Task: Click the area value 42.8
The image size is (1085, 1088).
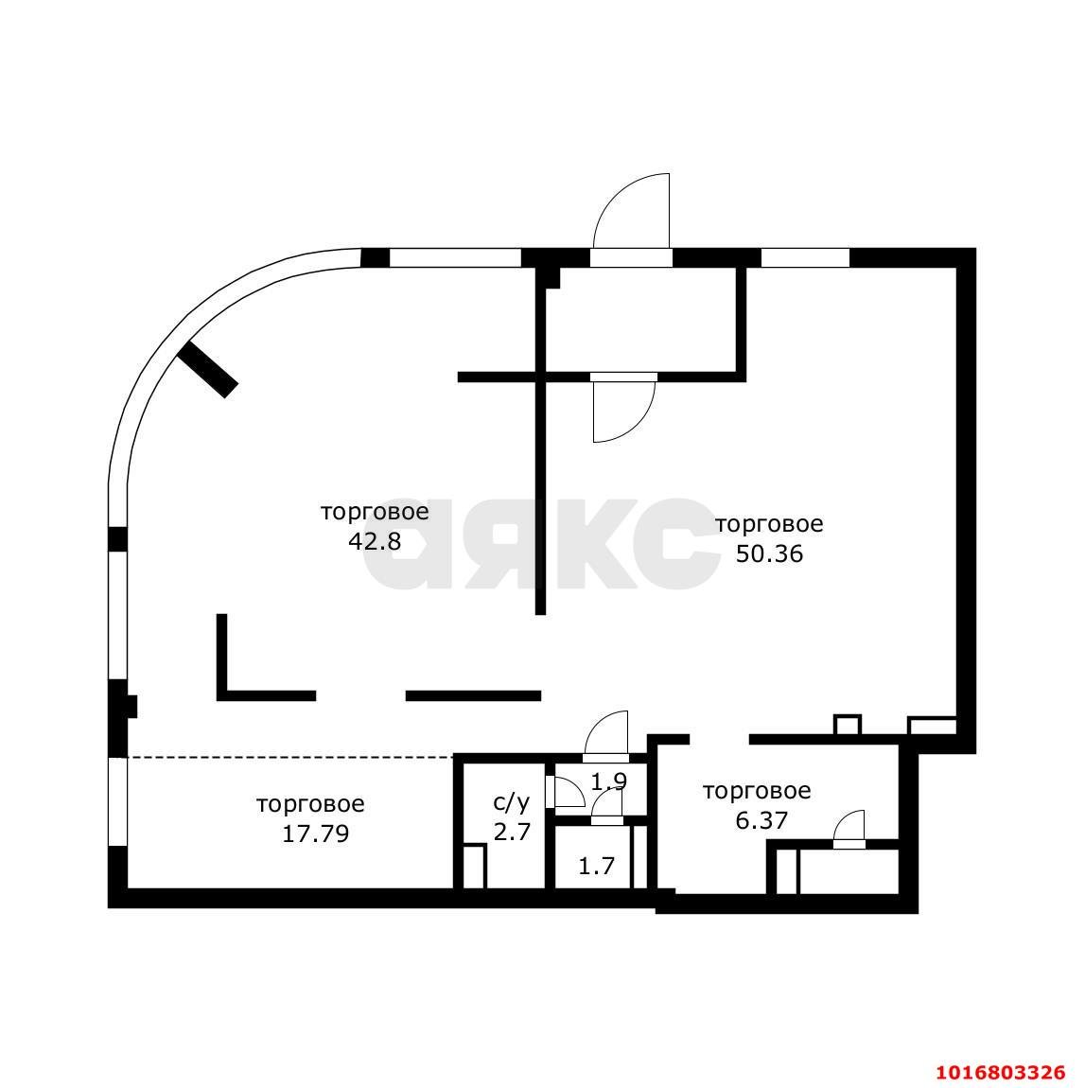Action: click(375, 541)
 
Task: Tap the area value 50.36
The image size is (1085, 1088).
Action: click(769, 553)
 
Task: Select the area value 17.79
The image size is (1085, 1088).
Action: click(315, 834)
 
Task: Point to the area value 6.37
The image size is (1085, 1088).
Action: click(761, 821)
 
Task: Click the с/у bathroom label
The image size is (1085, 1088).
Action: click(511, 803)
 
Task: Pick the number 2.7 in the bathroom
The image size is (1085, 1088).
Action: click(511, 832)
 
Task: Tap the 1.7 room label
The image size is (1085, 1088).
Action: click(597, 866)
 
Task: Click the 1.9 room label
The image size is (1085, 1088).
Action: click(609, 782)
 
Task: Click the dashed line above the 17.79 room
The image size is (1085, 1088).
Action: click(290, 757)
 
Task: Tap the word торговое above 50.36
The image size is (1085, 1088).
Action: click(769, 524)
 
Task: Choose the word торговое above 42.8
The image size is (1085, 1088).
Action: click(375, 513)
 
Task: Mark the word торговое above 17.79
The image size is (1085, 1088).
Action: click(310, 804)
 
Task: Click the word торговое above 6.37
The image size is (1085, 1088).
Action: click(757, 792)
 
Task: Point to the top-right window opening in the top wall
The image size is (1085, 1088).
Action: click(805, 257)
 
